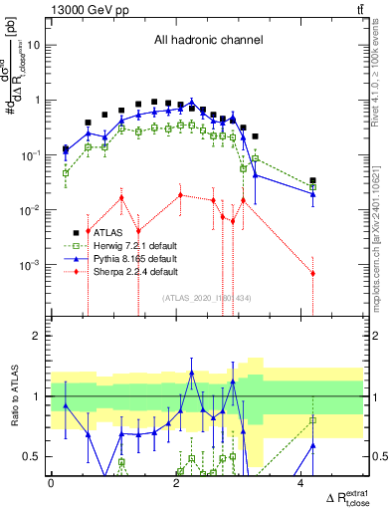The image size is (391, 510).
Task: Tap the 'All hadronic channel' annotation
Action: pyautogui.click(x=206, y=41)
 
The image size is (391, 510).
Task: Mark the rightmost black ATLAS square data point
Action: pyautogui.click(x=312, y=180)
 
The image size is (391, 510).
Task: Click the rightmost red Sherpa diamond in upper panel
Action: pyautogui.click(x=312, y=273)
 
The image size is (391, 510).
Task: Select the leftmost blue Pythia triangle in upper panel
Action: pyautogui.click(x=66, y=151)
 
